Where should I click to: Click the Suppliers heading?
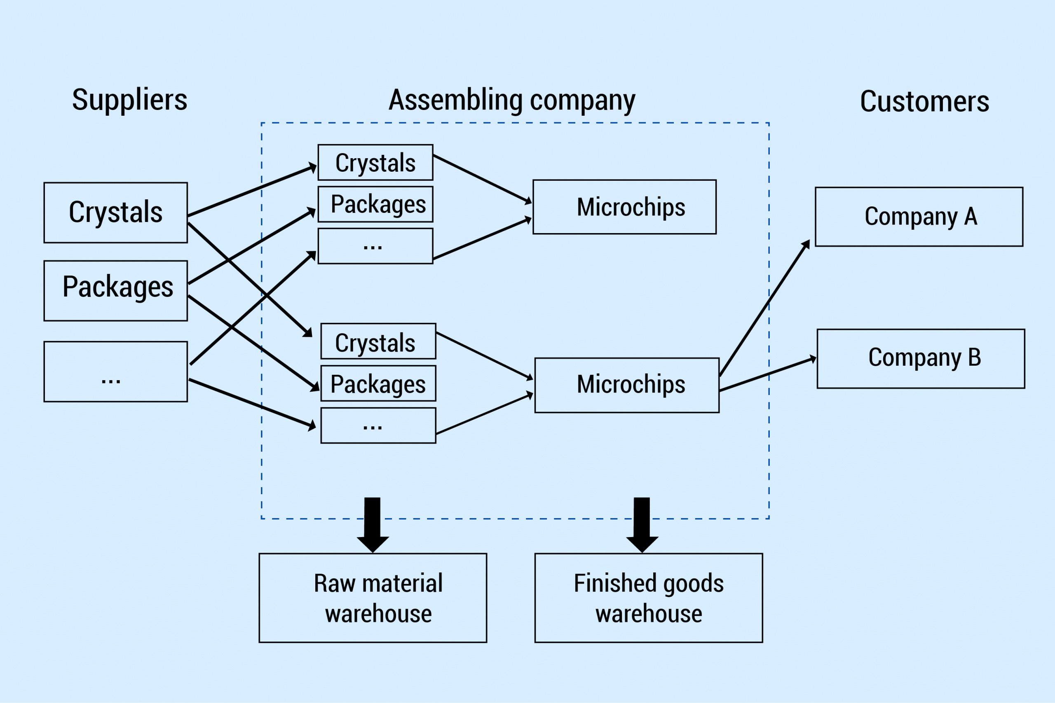click(130, 100)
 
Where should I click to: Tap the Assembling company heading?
click(512, 100)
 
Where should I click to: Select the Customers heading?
click(924, 101)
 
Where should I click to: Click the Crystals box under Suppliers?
click(116, 213)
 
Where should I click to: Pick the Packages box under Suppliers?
click(116, 290)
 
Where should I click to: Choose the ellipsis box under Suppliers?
click(116, 371)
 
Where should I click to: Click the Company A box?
click(919, 217)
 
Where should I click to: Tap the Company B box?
click(921, 359)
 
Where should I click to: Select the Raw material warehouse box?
click(373, 598)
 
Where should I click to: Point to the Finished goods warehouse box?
click(649, 598)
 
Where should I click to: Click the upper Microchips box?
click(624, 207)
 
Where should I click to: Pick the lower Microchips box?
click(627, 385)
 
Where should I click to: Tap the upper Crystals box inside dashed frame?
click(375, 162)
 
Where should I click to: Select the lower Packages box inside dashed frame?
click(378, 383)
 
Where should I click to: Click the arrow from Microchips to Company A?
click(764, 308)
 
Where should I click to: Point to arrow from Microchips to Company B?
click(767, 374)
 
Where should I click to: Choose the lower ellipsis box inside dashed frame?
click(378, 425)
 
